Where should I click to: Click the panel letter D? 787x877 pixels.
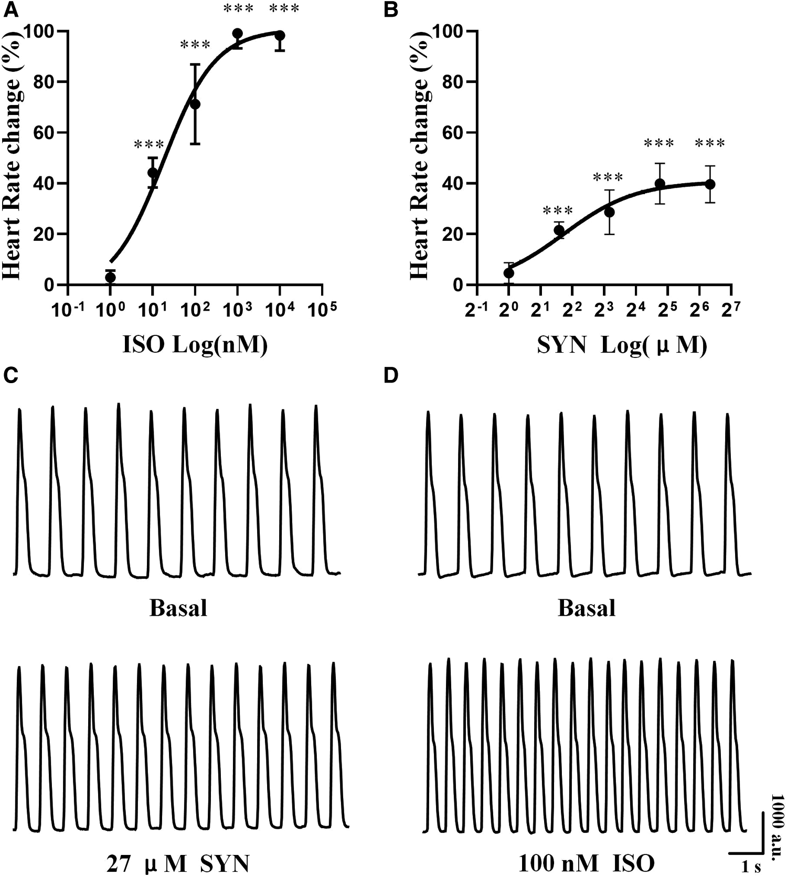click(x=391, y=376)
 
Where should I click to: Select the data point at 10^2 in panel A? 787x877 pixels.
click(x=195, y=104)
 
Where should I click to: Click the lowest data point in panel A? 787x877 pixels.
click(x=110, y=277)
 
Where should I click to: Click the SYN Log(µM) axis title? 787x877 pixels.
click(x=622, y=346)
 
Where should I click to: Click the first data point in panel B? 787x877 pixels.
click(x=508, y=273)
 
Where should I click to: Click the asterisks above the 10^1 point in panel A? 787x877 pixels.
click(x=149, y=144)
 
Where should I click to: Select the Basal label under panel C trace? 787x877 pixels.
click(x=178, y=608)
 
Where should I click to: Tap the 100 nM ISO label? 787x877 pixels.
click(x=586, y=863)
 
